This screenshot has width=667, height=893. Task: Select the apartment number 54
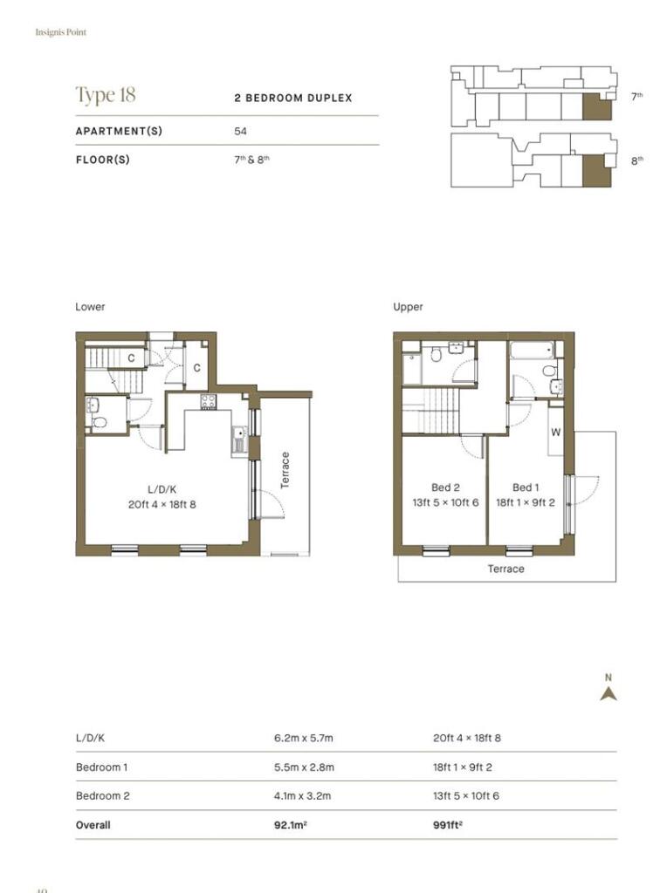click(241, 131)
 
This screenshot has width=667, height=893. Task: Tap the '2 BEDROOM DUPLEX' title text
click(293, 98)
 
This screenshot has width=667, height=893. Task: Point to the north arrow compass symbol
click(609, 693)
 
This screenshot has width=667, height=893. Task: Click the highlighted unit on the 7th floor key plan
click(596, 106)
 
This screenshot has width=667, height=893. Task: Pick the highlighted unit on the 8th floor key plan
click(596, 170)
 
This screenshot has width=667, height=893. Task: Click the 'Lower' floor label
click(90, 306)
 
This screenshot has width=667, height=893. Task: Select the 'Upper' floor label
click(408, 306)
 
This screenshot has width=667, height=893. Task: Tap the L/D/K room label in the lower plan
click(162, 489)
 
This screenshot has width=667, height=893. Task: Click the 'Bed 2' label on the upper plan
click(445, 487)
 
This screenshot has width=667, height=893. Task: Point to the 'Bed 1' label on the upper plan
click(525, 487)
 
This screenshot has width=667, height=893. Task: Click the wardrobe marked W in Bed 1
click(556, 432)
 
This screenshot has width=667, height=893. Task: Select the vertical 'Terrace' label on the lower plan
click(285, 470)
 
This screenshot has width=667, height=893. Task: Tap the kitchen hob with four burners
click(208, 401)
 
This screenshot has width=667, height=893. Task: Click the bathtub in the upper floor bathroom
click(532, 350)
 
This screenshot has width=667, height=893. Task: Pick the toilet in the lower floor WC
click(100, 422)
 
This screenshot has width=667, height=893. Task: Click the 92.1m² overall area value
click(290, 825)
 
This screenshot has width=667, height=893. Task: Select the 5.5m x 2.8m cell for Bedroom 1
click(304, 767)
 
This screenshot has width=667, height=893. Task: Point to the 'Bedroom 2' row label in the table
click(103, 795)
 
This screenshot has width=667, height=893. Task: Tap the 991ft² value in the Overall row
click(448, 825)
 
